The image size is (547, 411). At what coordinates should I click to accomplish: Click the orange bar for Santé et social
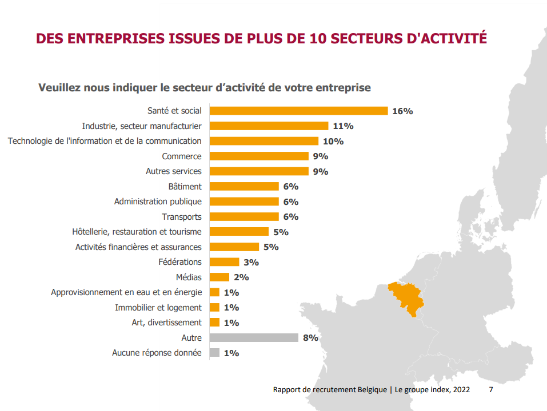click(298, 111)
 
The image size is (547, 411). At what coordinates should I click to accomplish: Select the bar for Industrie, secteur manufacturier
click(269, 126)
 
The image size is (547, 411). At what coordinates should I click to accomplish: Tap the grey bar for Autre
click(254, 338)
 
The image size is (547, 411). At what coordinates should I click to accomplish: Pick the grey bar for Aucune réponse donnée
click(214, 353)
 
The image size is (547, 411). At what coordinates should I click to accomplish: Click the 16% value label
click(402, 111)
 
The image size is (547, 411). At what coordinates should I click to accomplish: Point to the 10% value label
click(333, 142)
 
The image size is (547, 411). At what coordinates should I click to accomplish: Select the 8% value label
click(310, 338)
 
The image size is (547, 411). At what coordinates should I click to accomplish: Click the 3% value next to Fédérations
click(251, 263)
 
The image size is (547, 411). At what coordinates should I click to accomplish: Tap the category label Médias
click(189, 277)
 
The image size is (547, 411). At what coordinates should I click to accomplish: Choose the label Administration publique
click(158, 202)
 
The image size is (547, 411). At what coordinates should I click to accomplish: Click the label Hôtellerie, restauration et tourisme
click(137, 232)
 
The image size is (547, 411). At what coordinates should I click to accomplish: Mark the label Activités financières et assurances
click(138, 247)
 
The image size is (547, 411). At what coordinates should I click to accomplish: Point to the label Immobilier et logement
click(158, 308)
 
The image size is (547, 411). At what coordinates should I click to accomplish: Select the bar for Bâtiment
click(244, 187)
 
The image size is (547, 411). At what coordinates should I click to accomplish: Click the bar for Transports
click(244, 217)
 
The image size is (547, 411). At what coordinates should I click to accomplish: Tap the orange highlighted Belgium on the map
click(406, 297)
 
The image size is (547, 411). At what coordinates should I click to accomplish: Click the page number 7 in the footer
click(492, 390)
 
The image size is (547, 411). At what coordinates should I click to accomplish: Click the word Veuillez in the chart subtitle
click(59, 88)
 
